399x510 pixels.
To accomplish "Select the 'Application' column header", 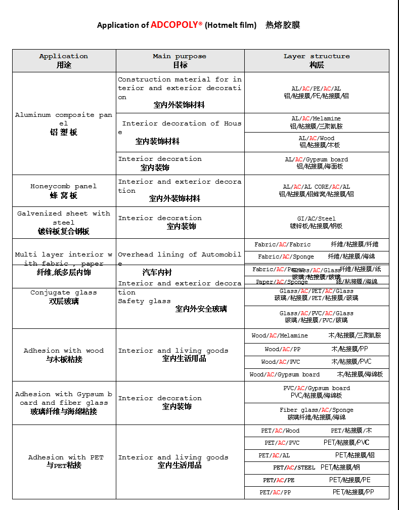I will [64, 60].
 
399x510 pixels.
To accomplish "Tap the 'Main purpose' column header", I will [180, 60].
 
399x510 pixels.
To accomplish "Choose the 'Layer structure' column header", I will [317, 60].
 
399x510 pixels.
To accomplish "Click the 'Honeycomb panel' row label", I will [64, 190].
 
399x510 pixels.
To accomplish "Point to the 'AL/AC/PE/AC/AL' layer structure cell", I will [317, 92].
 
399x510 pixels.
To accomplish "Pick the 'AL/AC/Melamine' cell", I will [317, 122].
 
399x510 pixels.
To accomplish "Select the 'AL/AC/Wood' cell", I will [317, 142].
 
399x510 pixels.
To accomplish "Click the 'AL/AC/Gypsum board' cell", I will [317, 163].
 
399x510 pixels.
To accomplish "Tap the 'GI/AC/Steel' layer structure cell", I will [317, 222].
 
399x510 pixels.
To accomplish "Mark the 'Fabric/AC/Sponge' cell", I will [317, 257].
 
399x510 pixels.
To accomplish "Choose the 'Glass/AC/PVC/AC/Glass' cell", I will [317, 317].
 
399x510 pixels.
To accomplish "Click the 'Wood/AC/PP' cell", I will [317, 350].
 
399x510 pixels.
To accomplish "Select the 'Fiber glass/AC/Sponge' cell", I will [317, 413].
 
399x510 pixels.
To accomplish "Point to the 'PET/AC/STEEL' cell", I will [317, 467].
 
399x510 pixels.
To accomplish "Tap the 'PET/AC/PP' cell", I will [317, 492].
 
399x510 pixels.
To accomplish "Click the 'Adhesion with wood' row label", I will [64, 355].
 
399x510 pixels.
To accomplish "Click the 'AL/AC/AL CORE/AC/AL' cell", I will [317, 190].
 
